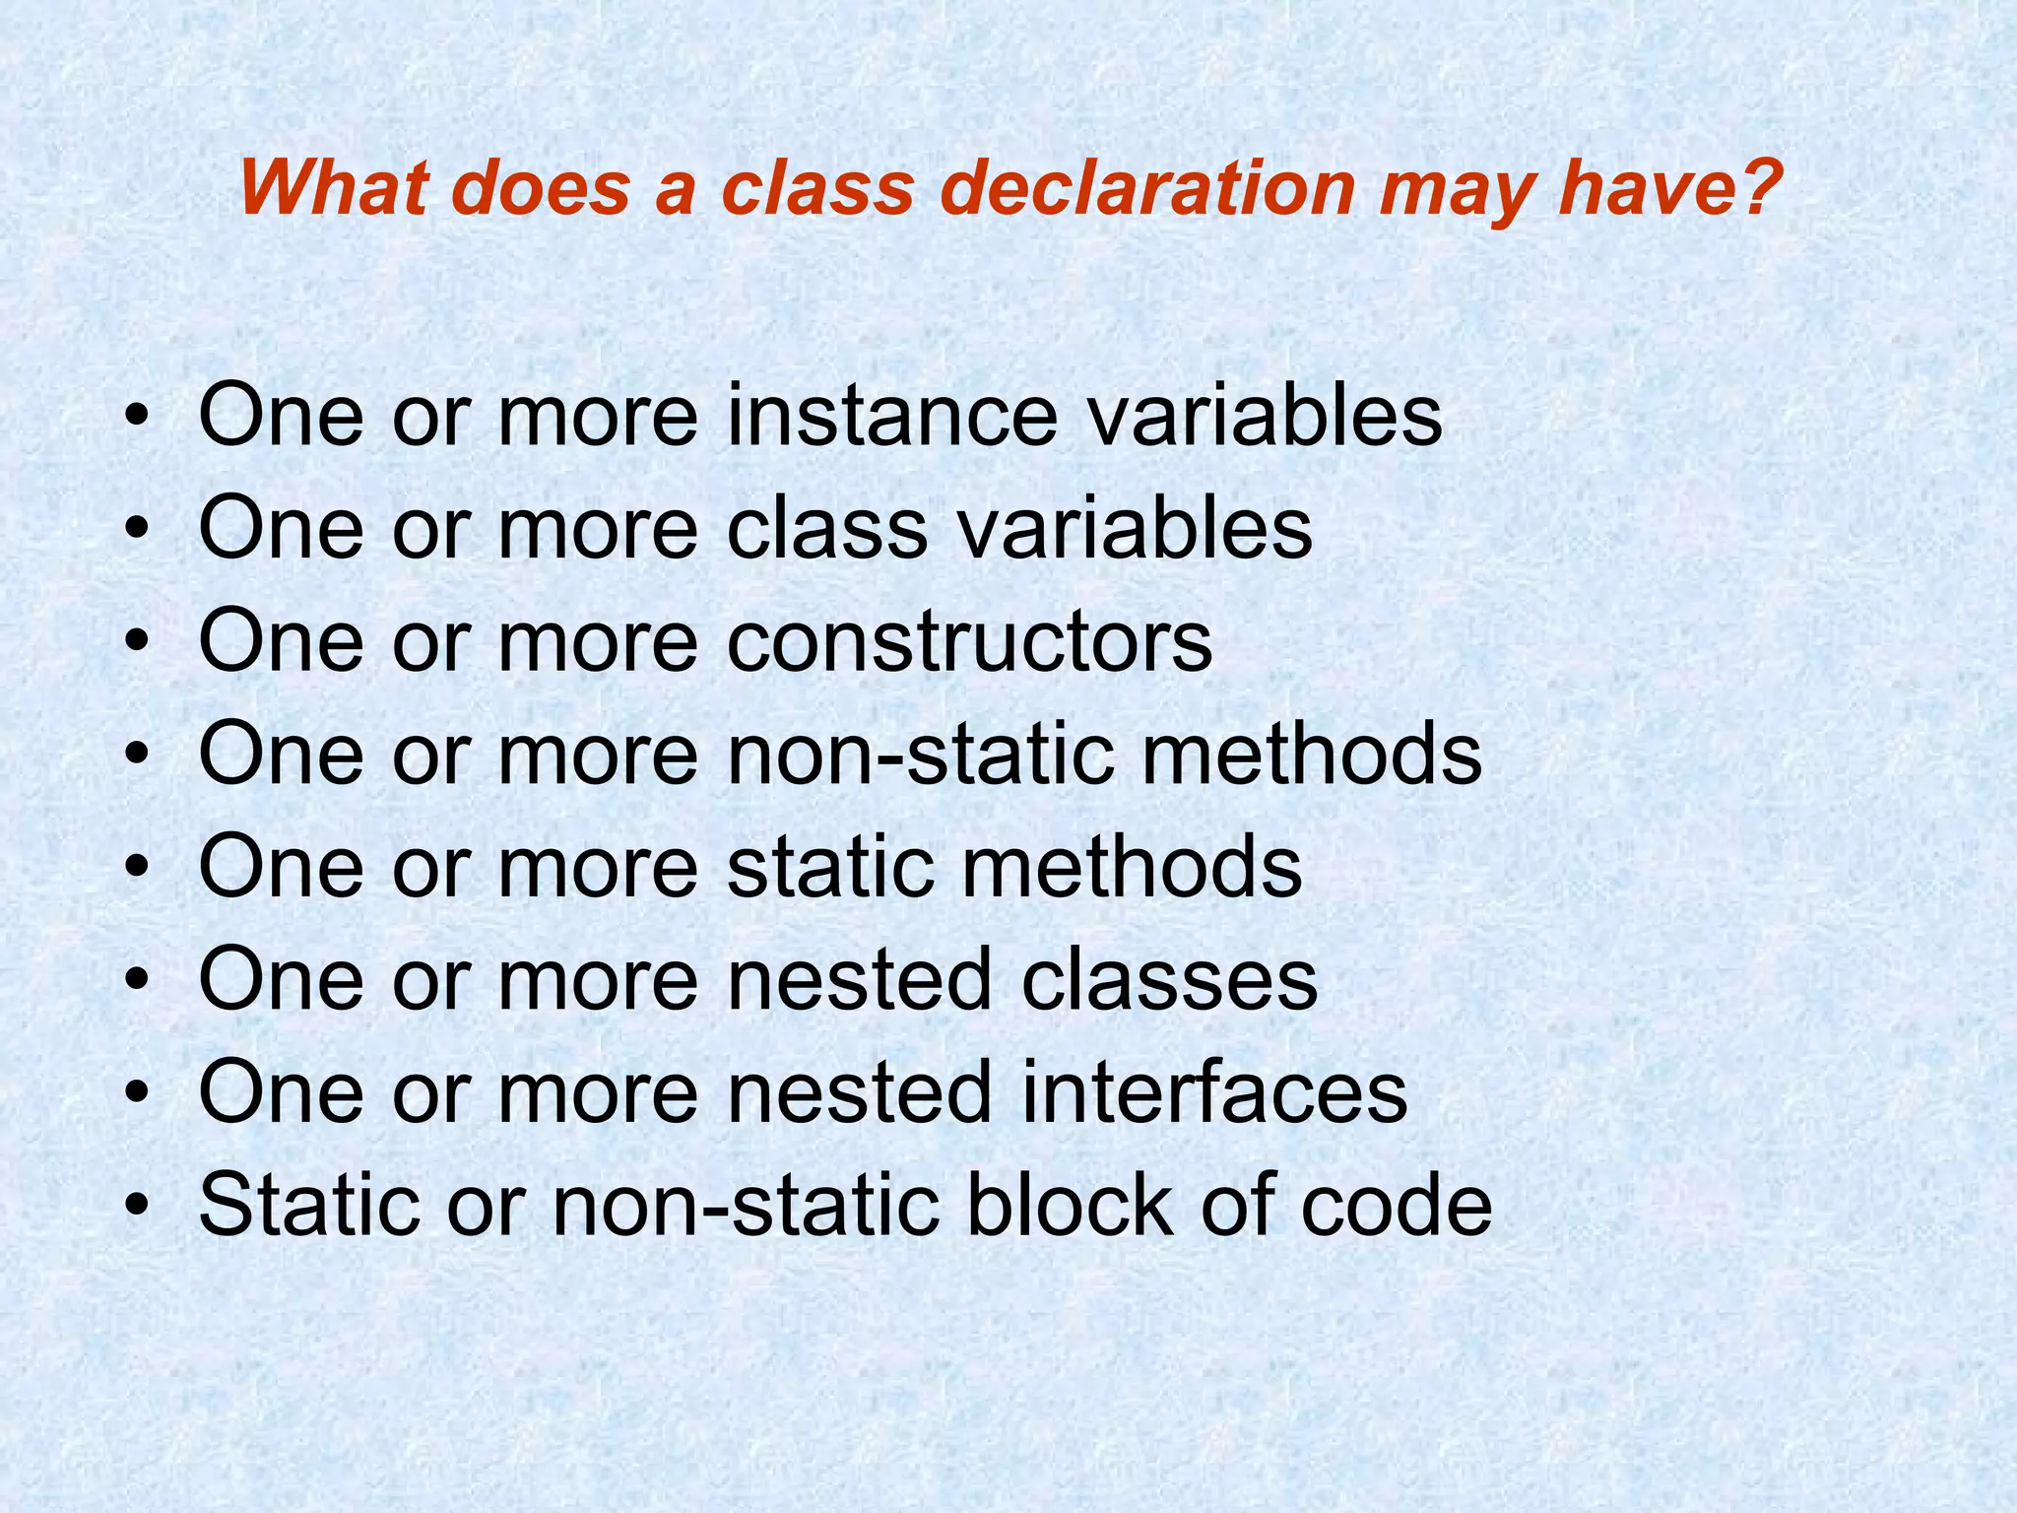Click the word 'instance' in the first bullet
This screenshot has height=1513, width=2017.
[891, 416]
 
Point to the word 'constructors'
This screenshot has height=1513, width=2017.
[969, 642]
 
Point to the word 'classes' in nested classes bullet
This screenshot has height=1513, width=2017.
[1168, 979]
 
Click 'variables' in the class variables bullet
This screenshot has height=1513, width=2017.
[1135, 529]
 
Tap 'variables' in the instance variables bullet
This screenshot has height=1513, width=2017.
[1265, 416]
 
